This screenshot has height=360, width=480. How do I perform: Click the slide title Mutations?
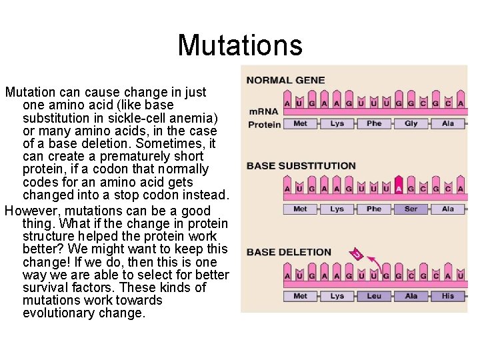(240, 45)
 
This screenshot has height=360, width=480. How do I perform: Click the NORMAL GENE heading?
(285, 80)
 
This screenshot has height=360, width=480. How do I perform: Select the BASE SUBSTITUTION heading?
(301, 165)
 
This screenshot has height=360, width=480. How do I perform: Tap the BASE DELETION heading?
(289, 252)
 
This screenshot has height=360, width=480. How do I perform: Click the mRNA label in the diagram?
(263, 111)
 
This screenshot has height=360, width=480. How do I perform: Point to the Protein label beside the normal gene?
(264, 124)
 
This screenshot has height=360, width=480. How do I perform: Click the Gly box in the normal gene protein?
(411, 123)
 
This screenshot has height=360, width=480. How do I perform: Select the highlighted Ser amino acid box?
(411, 209)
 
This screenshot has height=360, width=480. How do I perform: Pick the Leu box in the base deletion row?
(374, 296)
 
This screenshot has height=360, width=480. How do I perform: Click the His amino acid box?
(448, 296)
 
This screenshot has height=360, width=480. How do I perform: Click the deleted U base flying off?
(357, 254)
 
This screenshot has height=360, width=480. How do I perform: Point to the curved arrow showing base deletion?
(372, 262)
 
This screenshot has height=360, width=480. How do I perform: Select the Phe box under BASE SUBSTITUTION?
(374, 209)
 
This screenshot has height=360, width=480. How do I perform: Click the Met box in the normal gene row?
(301, 123)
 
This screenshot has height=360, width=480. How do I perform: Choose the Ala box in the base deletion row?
(411, 296)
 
